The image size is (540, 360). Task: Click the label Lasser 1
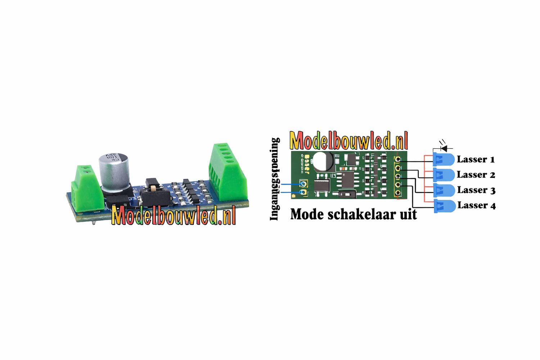tap(476, 159)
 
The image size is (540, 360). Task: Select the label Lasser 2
tap(476, 175)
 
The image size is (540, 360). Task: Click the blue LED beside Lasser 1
tap(444, 159)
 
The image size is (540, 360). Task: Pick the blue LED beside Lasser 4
tap(445, 206)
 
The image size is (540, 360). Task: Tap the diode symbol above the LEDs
tap(444, 148)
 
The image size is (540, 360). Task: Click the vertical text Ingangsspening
tap(275, 179)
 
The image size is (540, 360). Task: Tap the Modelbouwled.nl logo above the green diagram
tap(348, 140)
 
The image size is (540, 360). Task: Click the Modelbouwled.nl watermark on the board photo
tap(174, 215)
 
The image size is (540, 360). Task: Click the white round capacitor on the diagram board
tap(323, 161)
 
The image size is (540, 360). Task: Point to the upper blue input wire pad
tap(303, 184)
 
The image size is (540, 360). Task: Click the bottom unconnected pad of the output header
tap(398, 193)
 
